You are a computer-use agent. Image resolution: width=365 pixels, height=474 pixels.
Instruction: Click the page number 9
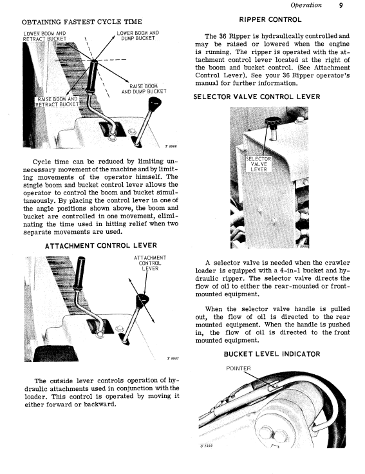341,5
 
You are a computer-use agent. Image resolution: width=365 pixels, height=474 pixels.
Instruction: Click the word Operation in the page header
306,5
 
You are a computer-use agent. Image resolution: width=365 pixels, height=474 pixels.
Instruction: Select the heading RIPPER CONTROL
270,20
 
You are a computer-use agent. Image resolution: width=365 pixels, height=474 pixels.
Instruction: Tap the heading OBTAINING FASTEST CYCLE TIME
82,22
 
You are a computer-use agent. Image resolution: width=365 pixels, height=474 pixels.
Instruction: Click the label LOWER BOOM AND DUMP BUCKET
138,35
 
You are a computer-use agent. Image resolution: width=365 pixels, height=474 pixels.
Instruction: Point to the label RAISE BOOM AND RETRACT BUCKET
57,102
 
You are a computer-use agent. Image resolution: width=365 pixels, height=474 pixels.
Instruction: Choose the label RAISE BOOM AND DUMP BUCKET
144,89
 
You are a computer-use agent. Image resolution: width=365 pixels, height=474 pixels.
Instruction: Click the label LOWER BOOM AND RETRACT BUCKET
44,36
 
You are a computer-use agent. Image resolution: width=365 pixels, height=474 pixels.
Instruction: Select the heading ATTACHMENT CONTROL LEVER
101,246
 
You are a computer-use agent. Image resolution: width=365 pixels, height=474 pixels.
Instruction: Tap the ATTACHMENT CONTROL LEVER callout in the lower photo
150,263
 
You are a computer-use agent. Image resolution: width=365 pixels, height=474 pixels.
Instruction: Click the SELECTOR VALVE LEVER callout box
259,164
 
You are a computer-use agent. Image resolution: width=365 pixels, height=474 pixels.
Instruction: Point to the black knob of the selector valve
273,122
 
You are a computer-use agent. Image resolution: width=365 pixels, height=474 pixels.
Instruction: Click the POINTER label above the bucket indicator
238,368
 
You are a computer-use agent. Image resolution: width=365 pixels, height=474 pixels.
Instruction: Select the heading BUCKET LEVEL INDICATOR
272,354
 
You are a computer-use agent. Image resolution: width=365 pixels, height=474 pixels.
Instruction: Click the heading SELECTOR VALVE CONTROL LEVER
257,97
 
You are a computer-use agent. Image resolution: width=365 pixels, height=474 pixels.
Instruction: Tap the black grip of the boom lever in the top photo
91,76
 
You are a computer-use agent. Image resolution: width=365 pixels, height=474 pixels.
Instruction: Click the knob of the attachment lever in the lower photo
142,301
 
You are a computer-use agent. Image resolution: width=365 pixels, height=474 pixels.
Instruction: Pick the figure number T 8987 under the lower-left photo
173,358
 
